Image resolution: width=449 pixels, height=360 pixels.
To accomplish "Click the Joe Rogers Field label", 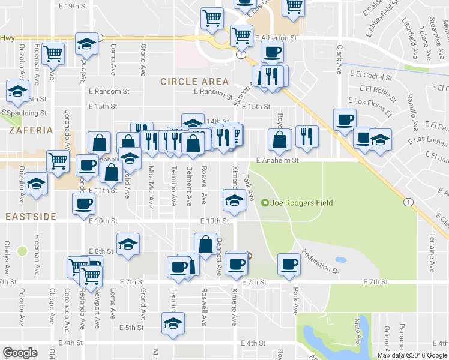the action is pos(301,203).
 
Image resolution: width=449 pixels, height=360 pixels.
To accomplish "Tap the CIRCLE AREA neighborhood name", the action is pos(194,82).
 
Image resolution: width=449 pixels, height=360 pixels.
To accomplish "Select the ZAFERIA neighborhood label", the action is pos(26,130).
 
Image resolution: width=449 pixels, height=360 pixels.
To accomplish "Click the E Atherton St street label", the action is pos(276,38).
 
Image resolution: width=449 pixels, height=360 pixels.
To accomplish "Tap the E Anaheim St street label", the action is pos(277,161).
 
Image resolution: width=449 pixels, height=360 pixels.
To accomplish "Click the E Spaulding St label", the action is pos(24,113).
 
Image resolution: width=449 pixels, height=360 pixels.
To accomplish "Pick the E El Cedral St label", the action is pos(369,76).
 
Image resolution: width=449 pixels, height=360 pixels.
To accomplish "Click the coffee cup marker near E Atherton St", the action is pos(272,52).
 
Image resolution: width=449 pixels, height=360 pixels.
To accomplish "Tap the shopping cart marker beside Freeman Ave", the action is pos(54,53).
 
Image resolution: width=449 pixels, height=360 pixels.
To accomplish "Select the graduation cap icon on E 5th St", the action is pos(172,323).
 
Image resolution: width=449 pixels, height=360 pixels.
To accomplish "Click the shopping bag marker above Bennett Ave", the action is pos(206,244).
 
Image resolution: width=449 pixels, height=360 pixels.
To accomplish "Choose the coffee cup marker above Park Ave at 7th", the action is pos(289,263).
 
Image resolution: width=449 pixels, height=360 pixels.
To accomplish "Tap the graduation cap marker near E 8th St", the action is pos(127,244).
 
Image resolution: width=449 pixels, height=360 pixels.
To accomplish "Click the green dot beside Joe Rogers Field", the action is pos(265,203).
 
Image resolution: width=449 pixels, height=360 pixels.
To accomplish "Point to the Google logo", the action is pos(20,353).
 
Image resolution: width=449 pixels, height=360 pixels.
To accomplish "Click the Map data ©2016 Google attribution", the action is pos(412,355).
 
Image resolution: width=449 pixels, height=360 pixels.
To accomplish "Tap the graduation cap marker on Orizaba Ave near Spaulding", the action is pos(17,91).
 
